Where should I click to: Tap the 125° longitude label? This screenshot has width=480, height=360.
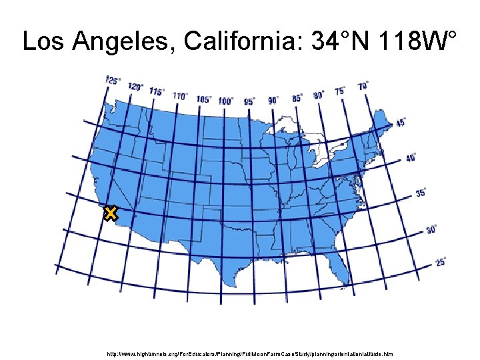click(x=113, y=81)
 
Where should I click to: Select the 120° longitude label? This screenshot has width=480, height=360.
click(x=135, y=87)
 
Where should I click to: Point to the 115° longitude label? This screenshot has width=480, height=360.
click(x=157, y=91)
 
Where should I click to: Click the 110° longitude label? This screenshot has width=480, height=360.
click(x=180, y=95)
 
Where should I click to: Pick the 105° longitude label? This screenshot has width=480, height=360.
click(x=204, y=99)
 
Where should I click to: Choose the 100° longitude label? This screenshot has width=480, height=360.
click(x=226, y=101)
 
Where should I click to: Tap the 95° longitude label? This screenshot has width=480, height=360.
click(x=249, y=101)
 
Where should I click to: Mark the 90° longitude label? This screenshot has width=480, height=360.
click(x=273, y=100)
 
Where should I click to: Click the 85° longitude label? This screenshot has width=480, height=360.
click(x=297, y=97)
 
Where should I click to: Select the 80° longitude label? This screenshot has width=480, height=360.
click(x=319, y=94)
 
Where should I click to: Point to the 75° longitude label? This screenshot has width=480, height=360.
click(x=340, y=90)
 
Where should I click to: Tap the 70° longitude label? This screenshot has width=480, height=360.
click(x=363, y=85)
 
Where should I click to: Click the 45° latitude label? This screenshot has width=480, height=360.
click(x=401, y=123)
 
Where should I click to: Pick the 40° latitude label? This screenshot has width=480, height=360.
click(x=411, y=158)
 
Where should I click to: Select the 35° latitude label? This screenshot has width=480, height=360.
click(x=421, y=193)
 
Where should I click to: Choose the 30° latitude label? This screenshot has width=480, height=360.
click(x=431, y=229)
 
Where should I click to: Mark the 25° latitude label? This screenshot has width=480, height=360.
click(x=441, y=262)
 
